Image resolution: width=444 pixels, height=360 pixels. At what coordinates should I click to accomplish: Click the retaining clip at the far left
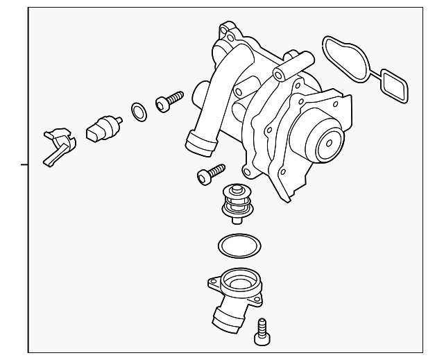[x=58, y=146]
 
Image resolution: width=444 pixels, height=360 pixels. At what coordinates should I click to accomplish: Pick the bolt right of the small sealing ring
[x=168, y=102]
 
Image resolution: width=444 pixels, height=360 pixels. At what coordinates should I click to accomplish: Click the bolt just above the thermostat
[x=209, y=173]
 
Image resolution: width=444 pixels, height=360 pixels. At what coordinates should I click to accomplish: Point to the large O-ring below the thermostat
[x=239, y=245]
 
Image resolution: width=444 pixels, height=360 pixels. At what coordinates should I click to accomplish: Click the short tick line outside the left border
[x=24, y=165]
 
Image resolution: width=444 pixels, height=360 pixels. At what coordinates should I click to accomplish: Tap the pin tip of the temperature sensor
[x=121, y=123]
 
